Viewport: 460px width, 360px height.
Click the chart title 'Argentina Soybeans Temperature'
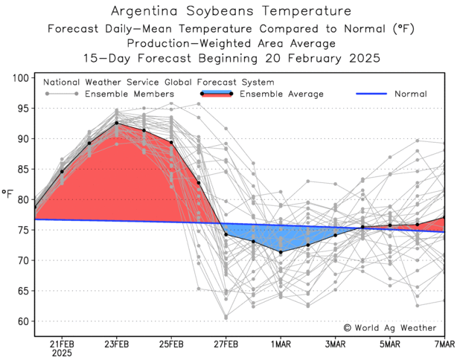point(230,11)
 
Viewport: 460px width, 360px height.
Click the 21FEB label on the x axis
point(62,344)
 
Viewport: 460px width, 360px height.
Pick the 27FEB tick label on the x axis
point(226,344)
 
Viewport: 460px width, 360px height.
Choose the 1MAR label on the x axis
point(281,344)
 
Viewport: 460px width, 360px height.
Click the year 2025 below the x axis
point(62,353)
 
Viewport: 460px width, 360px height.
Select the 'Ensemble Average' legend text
point(281,94)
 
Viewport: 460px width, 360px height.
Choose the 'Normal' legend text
point(411,94)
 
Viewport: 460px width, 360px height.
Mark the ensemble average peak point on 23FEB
point(117,123)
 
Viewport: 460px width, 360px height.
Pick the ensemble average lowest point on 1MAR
point(281,252)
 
